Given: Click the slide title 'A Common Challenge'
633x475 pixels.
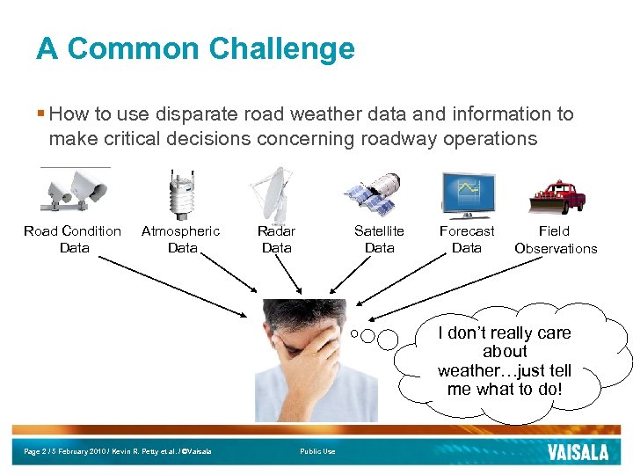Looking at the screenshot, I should (x=195, y=48).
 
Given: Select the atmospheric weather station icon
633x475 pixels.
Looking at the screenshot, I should (x=182, y=194).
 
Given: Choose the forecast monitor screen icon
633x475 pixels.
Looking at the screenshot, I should (x=467, y=194).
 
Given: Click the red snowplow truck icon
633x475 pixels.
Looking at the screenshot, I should (x=557, y=195).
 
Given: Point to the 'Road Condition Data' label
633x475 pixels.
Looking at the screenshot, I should (x=73, y=239).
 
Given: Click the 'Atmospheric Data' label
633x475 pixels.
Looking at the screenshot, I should (x=181, y=239).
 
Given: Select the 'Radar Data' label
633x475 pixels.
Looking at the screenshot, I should (x=276, y=239).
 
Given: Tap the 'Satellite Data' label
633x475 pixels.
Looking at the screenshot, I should (x=379, y=239).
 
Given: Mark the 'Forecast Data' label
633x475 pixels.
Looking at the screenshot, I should (x=467, y=239).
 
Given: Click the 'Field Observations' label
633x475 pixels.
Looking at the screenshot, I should (x=555, y=239).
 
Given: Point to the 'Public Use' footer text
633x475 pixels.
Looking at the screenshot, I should (x=317, y=452).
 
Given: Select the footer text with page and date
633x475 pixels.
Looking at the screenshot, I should (x=118, y=452).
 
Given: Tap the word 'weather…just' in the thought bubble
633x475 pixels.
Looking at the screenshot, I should (x=504, y=370).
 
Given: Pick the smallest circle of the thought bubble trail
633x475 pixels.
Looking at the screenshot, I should (x=353, y=333).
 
